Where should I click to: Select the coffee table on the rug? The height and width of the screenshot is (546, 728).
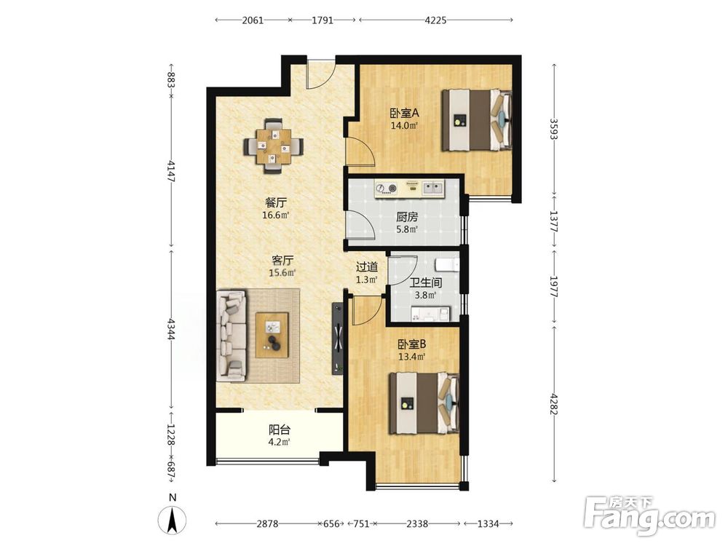click(272, 335)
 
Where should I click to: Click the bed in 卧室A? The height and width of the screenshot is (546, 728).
click(477, 120)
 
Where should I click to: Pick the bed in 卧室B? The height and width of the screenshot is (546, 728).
click(424, 403)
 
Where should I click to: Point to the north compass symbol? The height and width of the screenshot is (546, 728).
click(173, 517)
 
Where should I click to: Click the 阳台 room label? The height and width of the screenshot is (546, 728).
click(280, 430)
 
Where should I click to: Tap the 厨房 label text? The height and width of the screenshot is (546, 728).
click(407, 216)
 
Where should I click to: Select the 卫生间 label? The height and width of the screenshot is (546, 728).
click(425, 282)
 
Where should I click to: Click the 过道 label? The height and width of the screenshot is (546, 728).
click(367, 267)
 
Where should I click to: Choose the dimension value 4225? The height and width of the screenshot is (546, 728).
click(435, 20)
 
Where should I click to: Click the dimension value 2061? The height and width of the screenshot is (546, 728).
click(253, 20)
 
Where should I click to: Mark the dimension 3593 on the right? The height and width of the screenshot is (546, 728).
click(553, 130)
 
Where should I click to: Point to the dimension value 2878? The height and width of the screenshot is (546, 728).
click(267, 523)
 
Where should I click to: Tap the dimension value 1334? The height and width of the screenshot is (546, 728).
click(488, 523)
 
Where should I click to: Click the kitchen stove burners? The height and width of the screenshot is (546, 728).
click(387, 188)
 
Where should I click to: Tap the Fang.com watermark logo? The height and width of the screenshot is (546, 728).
click(649, 515)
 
